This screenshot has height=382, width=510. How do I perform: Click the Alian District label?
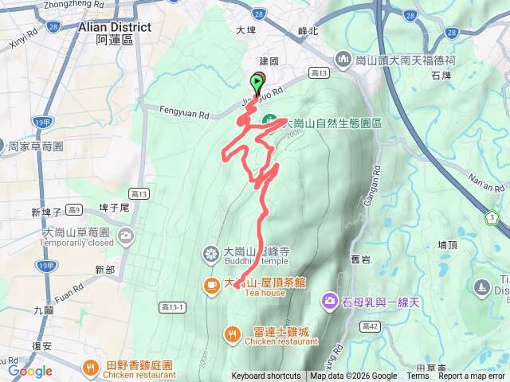tap(115, 27)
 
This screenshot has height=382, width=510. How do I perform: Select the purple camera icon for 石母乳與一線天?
tap(329, 301)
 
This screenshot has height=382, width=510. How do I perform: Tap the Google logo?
tap(30, 371)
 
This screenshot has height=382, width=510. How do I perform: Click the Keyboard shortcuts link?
tap(266, 376)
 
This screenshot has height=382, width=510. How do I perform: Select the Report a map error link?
tap(473, 376)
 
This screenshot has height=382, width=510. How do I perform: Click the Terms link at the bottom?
tap(418, 376)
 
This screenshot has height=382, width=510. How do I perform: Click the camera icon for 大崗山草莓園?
tap(127, 236)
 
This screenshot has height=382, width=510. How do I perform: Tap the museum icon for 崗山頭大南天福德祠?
tap(343, 59)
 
